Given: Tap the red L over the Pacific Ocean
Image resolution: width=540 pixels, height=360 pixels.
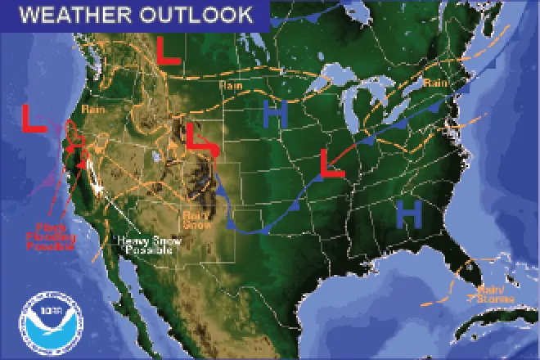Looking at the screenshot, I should coord(34,119).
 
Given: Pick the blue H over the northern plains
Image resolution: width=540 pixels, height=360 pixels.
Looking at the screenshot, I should coord(277,115).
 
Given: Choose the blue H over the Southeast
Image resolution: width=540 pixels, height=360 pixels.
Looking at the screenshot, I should coord(408,214).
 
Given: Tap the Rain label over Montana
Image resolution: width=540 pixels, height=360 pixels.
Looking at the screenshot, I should coord(229,85).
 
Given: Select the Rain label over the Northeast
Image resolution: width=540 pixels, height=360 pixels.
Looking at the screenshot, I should coord(434,83).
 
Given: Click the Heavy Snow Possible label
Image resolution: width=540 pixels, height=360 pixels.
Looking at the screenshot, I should coord(146,245).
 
